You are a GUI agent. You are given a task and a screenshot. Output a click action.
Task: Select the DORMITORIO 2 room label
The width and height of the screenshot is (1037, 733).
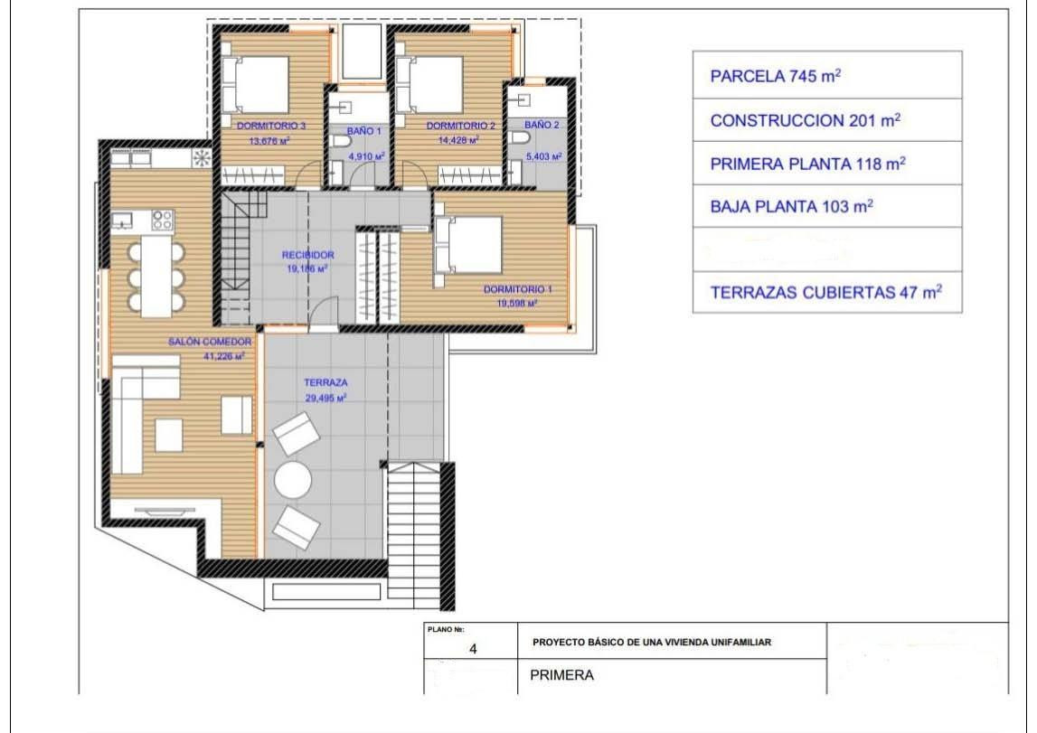click(x=460, y=126)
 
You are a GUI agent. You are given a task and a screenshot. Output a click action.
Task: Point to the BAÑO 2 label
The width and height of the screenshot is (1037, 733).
click(x=542, y=125)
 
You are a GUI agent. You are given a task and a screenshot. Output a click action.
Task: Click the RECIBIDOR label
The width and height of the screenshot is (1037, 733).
click(x=308, y=256)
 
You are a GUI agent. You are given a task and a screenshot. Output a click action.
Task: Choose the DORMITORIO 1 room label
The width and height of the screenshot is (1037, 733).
click(x=517, y=290)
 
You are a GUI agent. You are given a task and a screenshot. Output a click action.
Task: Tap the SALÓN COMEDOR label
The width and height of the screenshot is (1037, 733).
click(x=210, y=343)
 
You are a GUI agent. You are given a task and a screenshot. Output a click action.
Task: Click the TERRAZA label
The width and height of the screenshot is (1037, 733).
click(x=325, y=383)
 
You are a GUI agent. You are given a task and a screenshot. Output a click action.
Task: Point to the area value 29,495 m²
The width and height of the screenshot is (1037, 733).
click(x=325, y=398)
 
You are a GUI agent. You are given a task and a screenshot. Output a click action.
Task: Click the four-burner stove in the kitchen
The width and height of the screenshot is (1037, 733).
click(x=162, y=220)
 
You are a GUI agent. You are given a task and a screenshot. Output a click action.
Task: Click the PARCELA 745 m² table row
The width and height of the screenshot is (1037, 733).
click(x=826, y=76)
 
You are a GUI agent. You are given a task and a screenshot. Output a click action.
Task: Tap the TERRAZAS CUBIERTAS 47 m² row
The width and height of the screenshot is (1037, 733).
click(x=826, y=292)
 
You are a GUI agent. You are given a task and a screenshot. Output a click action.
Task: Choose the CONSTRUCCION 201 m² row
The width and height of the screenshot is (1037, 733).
click(x=826, y=120)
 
